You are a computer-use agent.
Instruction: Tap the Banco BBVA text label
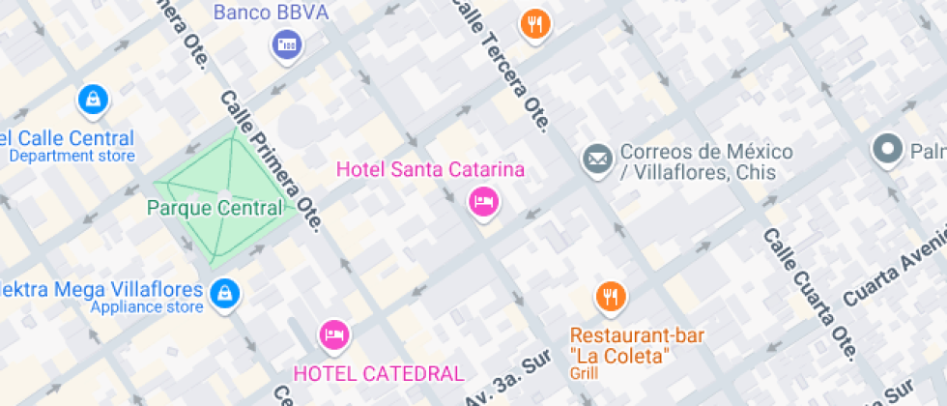[271, 13]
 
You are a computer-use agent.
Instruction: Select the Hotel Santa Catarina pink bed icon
[482, 201]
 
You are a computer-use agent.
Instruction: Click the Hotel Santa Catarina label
[430, 170]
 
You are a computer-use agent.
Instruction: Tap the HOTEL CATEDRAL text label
[379, 372]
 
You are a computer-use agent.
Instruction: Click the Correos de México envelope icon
[597, 158]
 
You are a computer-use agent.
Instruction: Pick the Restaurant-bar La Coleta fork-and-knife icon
[610, 297]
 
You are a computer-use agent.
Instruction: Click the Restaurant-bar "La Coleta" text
[637, 345]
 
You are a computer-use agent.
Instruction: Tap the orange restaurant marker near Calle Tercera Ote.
[533, 23]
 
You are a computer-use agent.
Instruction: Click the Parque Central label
[215, 208]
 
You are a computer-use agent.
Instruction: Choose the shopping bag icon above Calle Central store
[93, 98]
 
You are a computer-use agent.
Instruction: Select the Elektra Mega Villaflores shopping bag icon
[224, 292]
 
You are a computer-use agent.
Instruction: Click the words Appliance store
[146, 307]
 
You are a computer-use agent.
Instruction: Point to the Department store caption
[72, 156]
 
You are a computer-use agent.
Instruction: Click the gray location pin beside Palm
[886, 150]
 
